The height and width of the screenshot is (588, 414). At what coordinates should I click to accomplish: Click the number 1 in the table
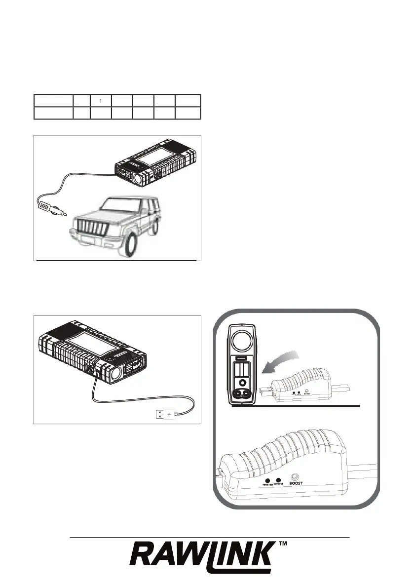click(101, 101)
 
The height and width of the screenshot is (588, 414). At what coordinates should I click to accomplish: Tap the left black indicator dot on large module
click(267, 480)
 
